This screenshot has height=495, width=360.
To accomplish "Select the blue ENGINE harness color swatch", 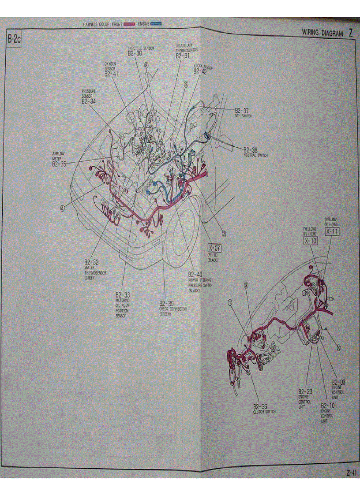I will pos(156,23).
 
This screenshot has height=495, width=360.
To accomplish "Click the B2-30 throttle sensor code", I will pos(135,53).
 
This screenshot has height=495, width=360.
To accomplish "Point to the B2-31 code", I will pos(183,56).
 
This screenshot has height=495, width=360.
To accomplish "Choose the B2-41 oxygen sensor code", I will pos(111,74).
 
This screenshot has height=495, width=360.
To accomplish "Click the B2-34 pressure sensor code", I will pos(89,101).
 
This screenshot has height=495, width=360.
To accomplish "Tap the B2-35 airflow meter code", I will pos(59,164).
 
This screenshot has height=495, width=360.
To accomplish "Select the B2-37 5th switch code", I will pos(242,111).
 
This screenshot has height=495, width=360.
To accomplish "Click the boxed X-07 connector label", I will pos(215,249).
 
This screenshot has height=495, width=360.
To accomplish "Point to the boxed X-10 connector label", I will pos(310,241).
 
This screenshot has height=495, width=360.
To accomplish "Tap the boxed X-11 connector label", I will pos(332,231).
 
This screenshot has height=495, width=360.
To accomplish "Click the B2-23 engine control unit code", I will pos(305,391).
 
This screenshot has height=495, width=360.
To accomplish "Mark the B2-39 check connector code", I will pos(166,304).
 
